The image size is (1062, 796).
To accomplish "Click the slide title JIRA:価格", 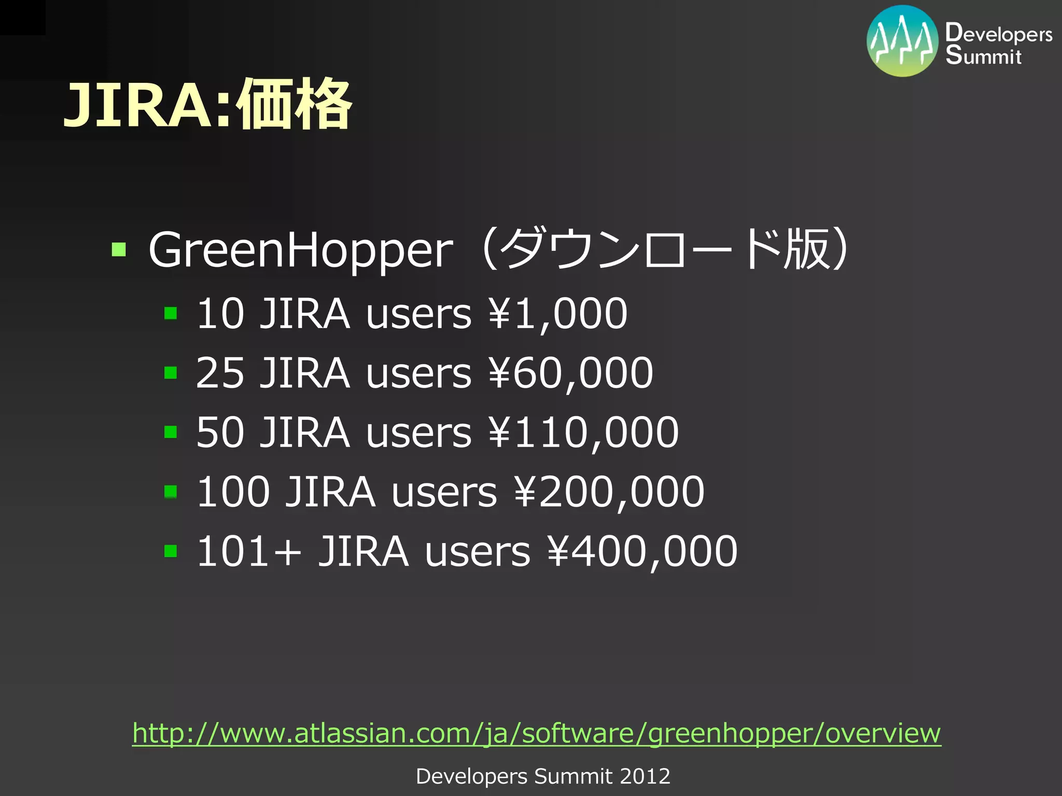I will [x=207, y=105].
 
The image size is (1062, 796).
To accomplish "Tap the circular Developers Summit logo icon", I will [x=902, y=41].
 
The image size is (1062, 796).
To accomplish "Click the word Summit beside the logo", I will [x=983, y=55].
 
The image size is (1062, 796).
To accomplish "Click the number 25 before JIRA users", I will [x=220, y=373].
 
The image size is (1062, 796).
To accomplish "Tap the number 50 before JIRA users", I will [x=220, y=432].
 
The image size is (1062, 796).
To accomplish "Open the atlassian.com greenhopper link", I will [x=537, y=733].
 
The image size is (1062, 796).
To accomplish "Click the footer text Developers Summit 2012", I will [x=543, y=776].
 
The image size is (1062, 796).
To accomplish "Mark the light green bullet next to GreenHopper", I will [x=119, y=250].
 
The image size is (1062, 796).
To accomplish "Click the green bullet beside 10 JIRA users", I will [x=171, y=314].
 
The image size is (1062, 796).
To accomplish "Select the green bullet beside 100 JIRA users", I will [x=171, y=491].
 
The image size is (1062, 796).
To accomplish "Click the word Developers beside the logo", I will [x=998, y=34].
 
